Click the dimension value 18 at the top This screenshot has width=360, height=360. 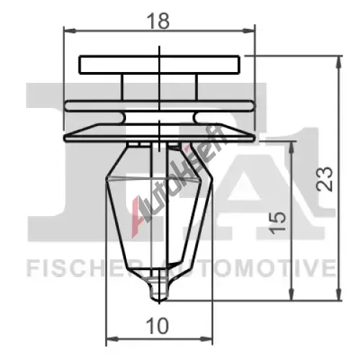tap(158, 21)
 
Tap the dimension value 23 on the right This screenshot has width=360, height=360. tap(325, 179)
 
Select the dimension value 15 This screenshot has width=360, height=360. tap(278, 223)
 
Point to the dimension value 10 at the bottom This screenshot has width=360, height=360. tap(158, 326)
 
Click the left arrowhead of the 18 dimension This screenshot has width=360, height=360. tap(70, 31)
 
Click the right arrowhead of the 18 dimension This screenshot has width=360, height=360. tap(248, 31)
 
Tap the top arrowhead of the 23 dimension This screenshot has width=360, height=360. tap(338, 63)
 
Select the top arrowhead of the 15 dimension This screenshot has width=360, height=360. tap(292, 148)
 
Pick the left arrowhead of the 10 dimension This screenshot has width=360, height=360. tap(112, 339)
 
